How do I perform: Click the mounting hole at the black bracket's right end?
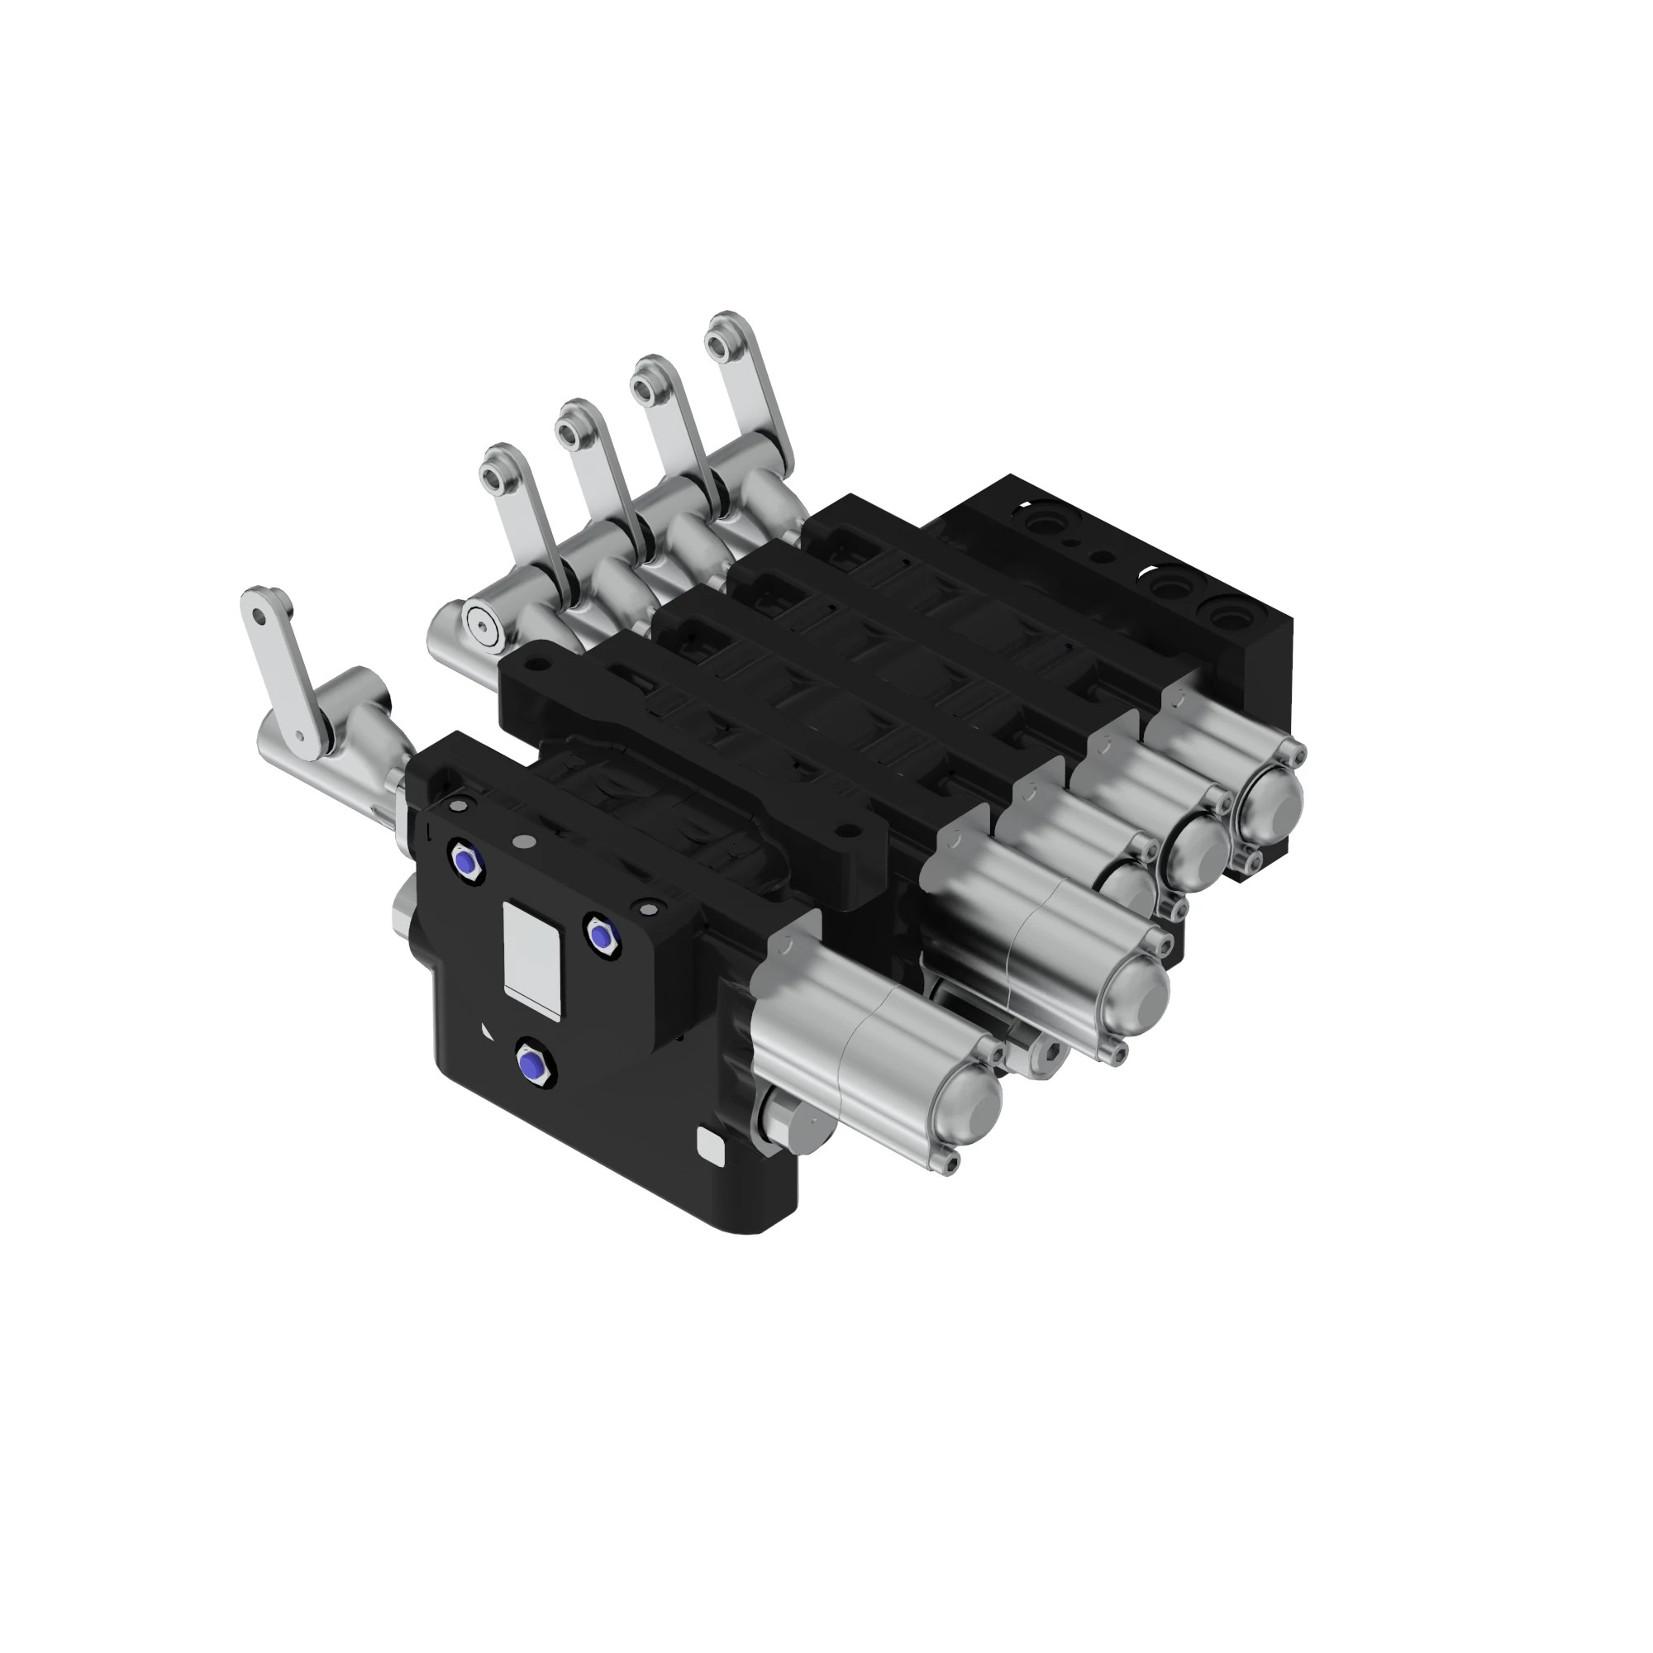click(x=848, y=828)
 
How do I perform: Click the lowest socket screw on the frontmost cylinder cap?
click(x=950, y=1161)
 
